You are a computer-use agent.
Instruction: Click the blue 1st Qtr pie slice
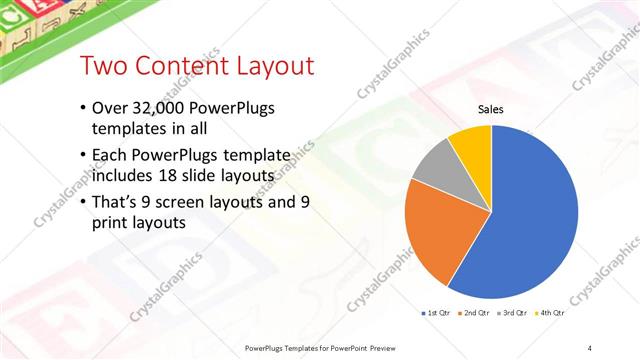pos(530,220)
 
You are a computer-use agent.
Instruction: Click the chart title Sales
pos(490,110)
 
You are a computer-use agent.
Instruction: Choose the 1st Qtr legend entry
pos(436,313)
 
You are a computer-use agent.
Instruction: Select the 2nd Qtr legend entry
pos(474,313)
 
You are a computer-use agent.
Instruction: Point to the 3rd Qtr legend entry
pos(511,313)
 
